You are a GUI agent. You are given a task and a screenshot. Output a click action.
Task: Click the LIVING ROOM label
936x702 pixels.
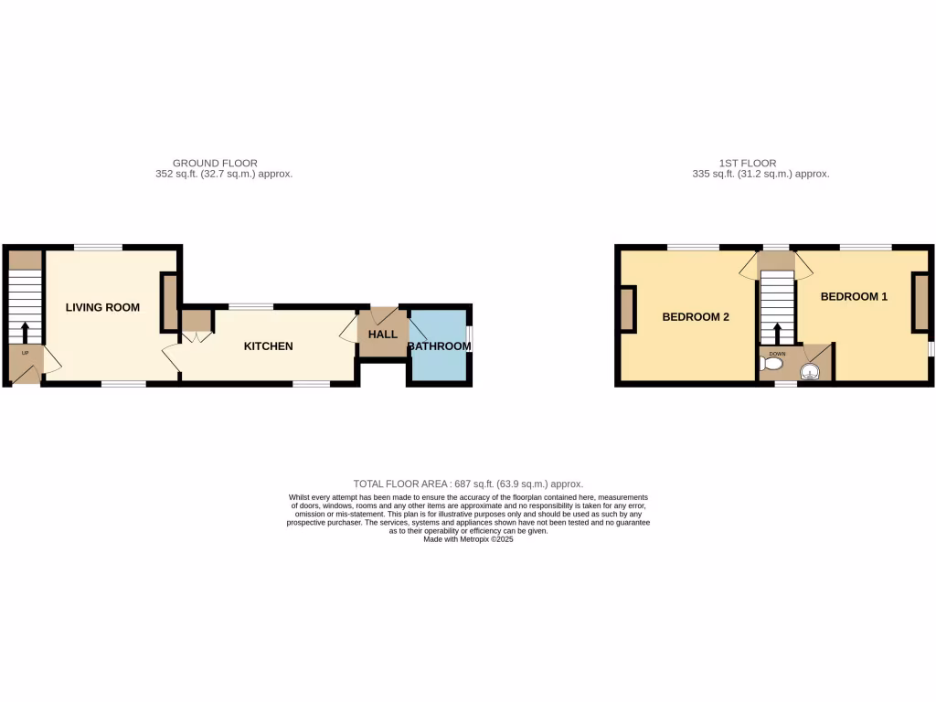click(102, 308)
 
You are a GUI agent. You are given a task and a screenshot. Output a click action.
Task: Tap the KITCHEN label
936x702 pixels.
click(268, 346)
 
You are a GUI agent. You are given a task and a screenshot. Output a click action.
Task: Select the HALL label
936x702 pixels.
click(383, 335)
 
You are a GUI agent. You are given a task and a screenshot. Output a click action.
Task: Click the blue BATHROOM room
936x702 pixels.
click(439, 361)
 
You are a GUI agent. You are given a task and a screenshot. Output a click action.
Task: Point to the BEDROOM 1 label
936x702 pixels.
click(854, 297)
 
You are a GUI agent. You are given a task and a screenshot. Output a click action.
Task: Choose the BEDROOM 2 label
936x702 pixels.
click(696, 318)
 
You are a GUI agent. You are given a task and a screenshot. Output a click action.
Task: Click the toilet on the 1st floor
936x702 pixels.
click(772, 365)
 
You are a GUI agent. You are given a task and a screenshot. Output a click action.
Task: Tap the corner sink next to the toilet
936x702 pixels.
click(810, 369)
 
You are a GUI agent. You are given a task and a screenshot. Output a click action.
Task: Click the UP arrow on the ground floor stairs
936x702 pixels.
click(25, 331)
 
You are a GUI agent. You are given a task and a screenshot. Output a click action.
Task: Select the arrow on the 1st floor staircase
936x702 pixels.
click(778, 332)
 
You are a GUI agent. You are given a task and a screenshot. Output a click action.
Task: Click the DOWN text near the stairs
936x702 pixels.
click(778, 353)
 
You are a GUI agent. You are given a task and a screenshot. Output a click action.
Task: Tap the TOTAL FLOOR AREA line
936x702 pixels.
click(468, 484)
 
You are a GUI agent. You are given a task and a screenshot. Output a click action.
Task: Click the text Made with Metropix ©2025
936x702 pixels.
click(468, 539)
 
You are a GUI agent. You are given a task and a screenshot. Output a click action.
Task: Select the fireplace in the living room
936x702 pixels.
click(169, 303)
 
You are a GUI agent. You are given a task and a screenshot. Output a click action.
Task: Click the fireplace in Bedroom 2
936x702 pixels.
click(629, 309)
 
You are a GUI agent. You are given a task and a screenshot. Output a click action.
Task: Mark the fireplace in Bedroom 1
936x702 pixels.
click(920, 302)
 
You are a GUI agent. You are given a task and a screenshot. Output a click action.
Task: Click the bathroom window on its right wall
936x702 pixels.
click(470, 335)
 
